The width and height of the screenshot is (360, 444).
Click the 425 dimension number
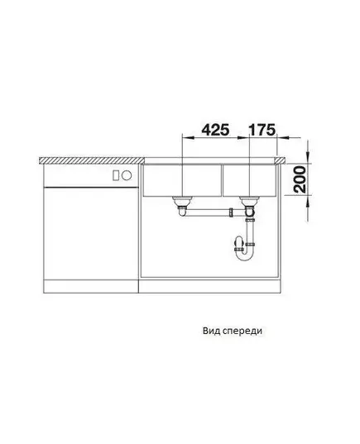(215, 130)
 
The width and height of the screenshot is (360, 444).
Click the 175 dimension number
(262, 130)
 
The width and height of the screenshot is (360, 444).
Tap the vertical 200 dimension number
(300, 179)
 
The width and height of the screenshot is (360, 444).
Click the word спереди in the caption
(242, 332)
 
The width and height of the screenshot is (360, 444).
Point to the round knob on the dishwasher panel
(127, 175)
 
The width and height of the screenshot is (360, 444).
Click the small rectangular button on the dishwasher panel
(116, 175)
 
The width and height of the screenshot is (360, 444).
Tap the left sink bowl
(182, 180)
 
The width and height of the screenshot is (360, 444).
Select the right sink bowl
(249, 180)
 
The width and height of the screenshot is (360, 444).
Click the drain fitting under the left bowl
(181, 203)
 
